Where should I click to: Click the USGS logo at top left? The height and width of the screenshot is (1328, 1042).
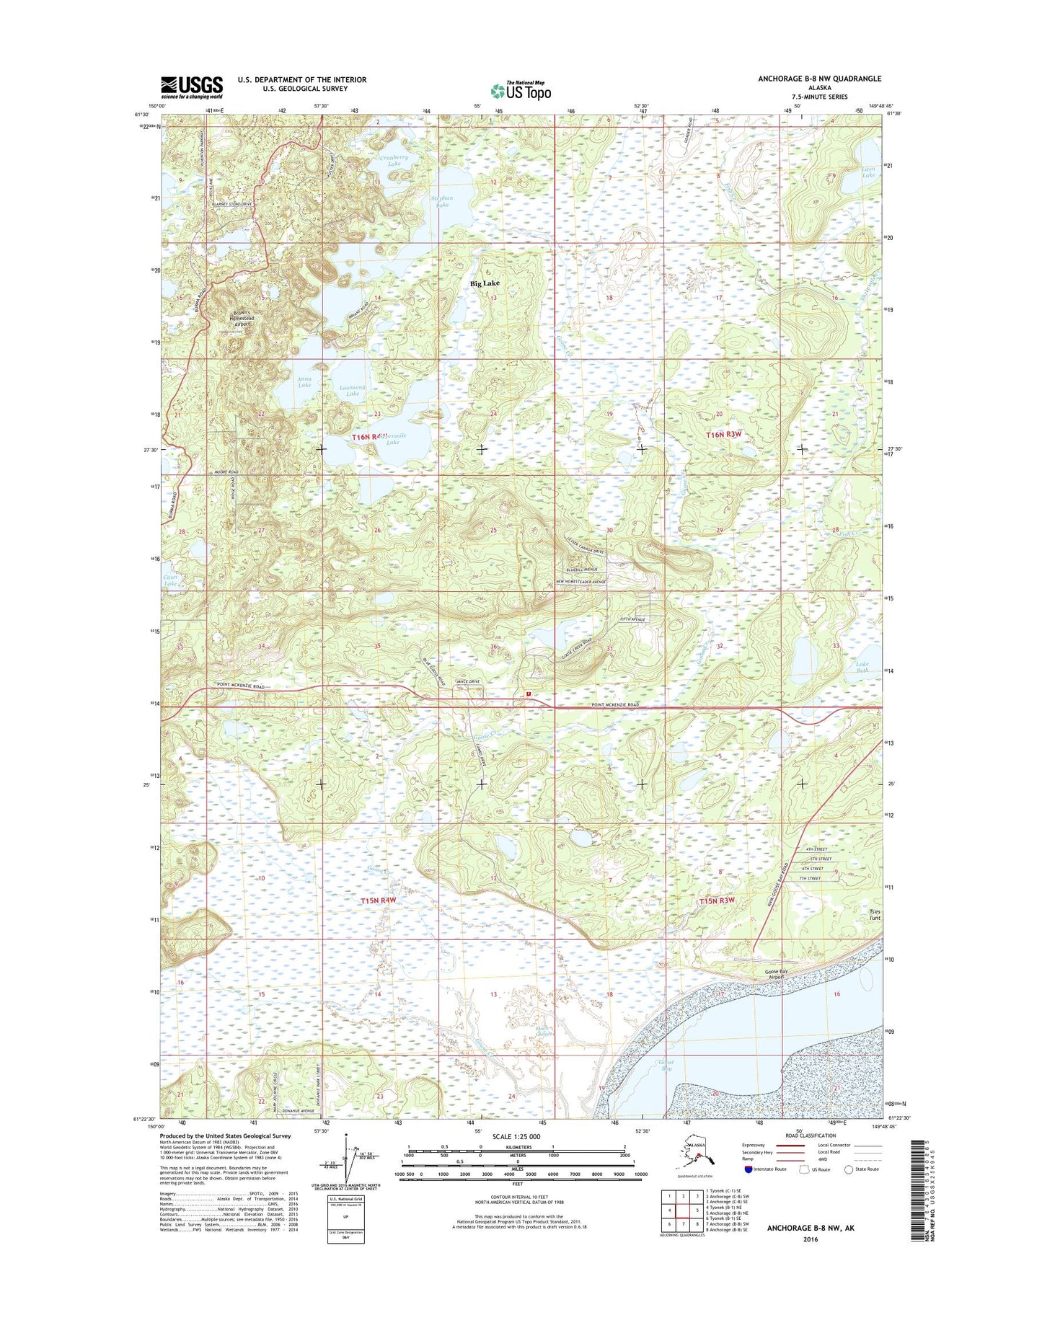pos(191,87)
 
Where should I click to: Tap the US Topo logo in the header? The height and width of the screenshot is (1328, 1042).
pos(521,90)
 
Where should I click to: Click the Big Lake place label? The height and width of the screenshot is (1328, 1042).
pos(485,283)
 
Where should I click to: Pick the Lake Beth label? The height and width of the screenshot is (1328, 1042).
pos(862,668)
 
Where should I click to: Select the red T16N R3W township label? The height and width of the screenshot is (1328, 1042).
pos(723,435)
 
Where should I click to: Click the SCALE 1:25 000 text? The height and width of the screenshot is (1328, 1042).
pos(516,1136)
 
